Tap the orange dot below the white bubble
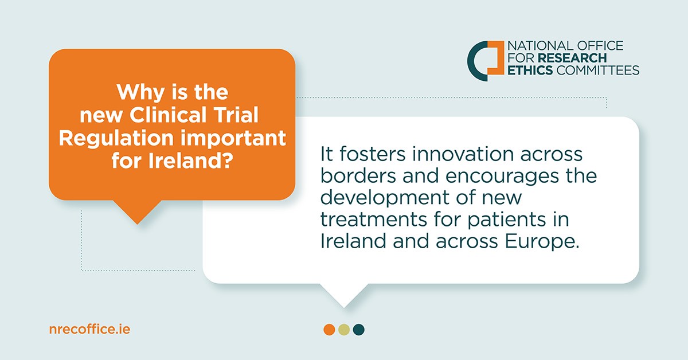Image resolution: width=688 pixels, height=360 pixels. coord(329,330)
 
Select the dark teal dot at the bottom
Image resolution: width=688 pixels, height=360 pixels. coord(359,330)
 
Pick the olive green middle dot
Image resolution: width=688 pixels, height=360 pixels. coord(344,330)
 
